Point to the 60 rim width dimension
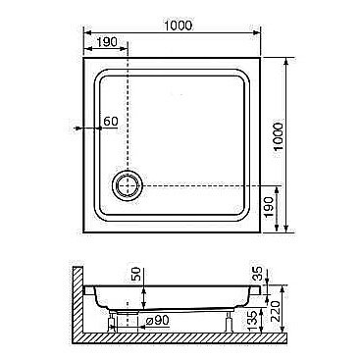click(x=110, y=121)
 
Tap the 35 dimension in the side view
click(x=258, y=271)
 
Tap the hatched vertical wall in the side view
click(x=79, y=299)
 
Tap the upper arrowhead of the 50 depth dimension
click(x=144, y=288)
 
